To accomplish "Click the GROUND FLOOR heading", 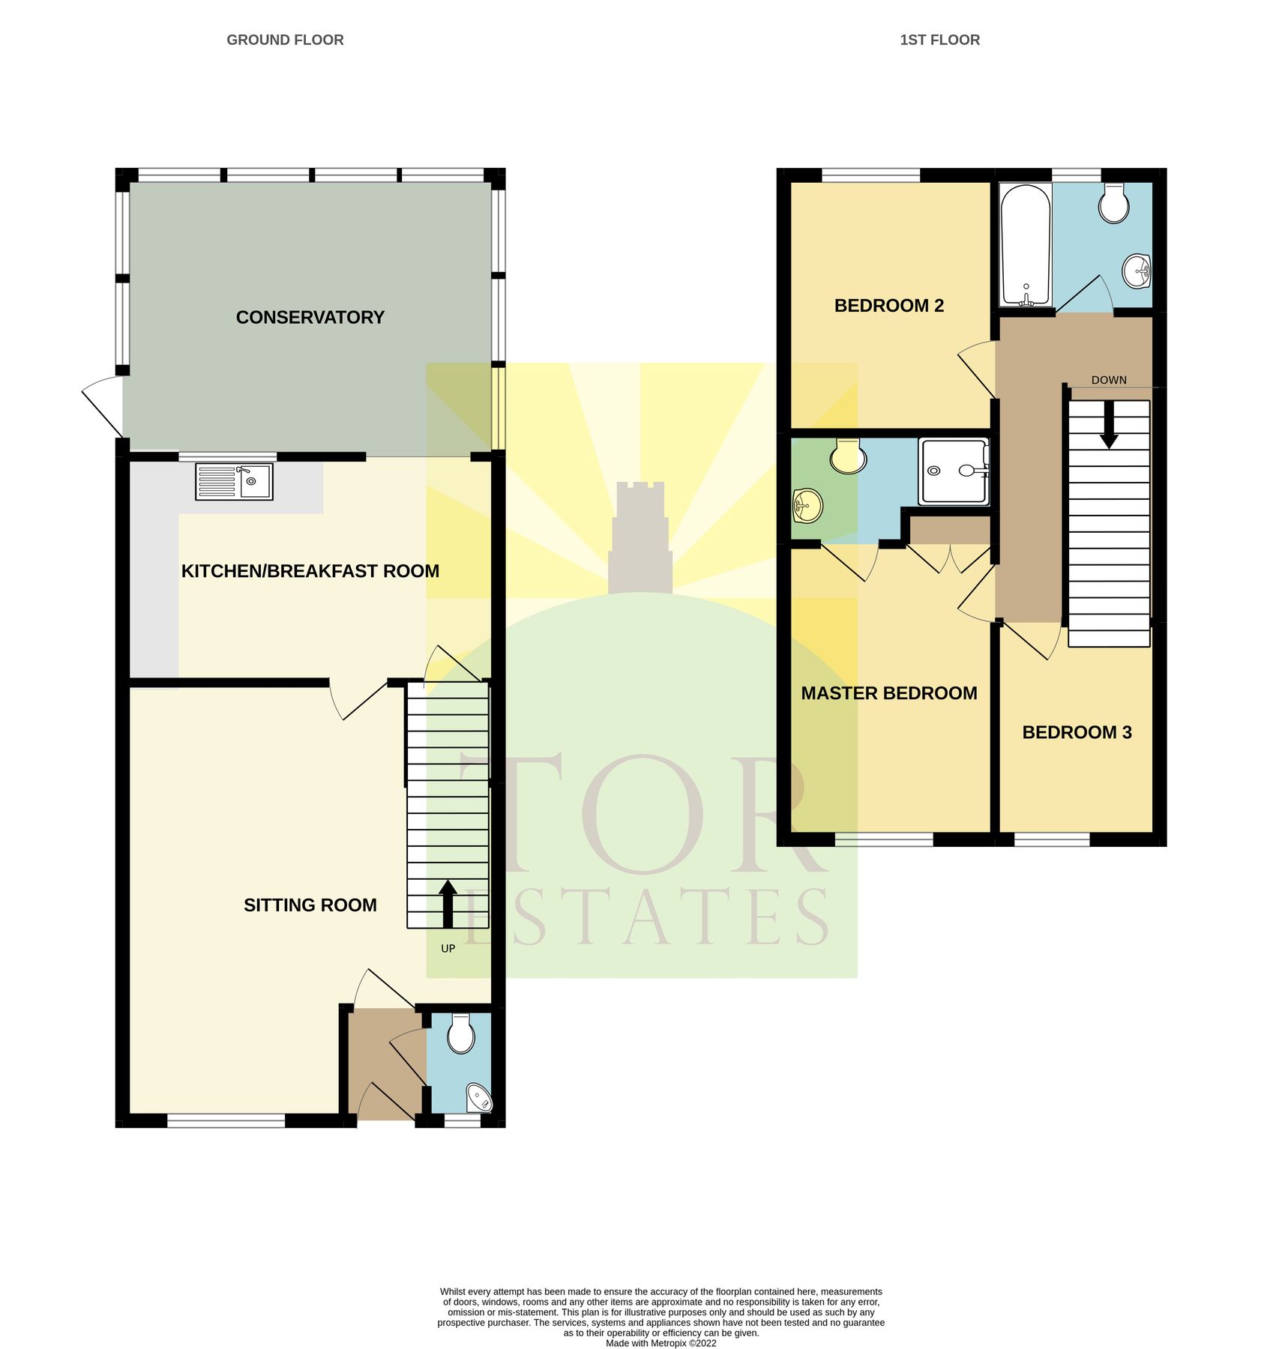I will pos(285,40).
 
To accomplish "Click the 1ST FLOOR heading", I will pos(939,40).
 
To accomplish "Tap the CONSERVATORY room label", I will pos(310,318).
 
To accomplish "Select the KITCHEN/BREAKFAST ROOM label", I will pos(310,571).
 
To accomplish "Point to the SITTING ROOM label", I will pos(310,905).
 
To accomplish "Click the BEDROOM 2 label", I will pos(888,306).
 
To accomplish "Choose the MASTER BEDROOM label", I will pos(888,693).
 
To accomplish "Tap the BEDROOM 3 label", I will pos(1077,732).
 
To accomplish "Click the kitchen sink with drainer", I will pos(234,481).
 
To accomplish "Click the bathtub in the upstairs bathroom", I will pos(1026,244).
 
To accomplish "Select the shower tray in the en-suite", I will pos(954,471).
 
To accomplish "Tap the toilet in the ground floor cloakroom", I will pos(460,1034).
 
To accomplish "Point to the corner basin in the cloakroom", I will pos(479,1099).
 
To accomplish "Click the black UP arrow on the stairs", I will pos(448,904).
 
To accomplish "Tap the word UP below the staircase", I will pos(448,949).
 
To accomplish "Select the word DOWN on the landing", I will pos(1108,380).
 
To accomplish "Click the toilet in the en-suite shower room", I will pos(848,456).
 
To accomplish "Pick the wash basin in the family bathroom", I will pos(1136,271).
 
